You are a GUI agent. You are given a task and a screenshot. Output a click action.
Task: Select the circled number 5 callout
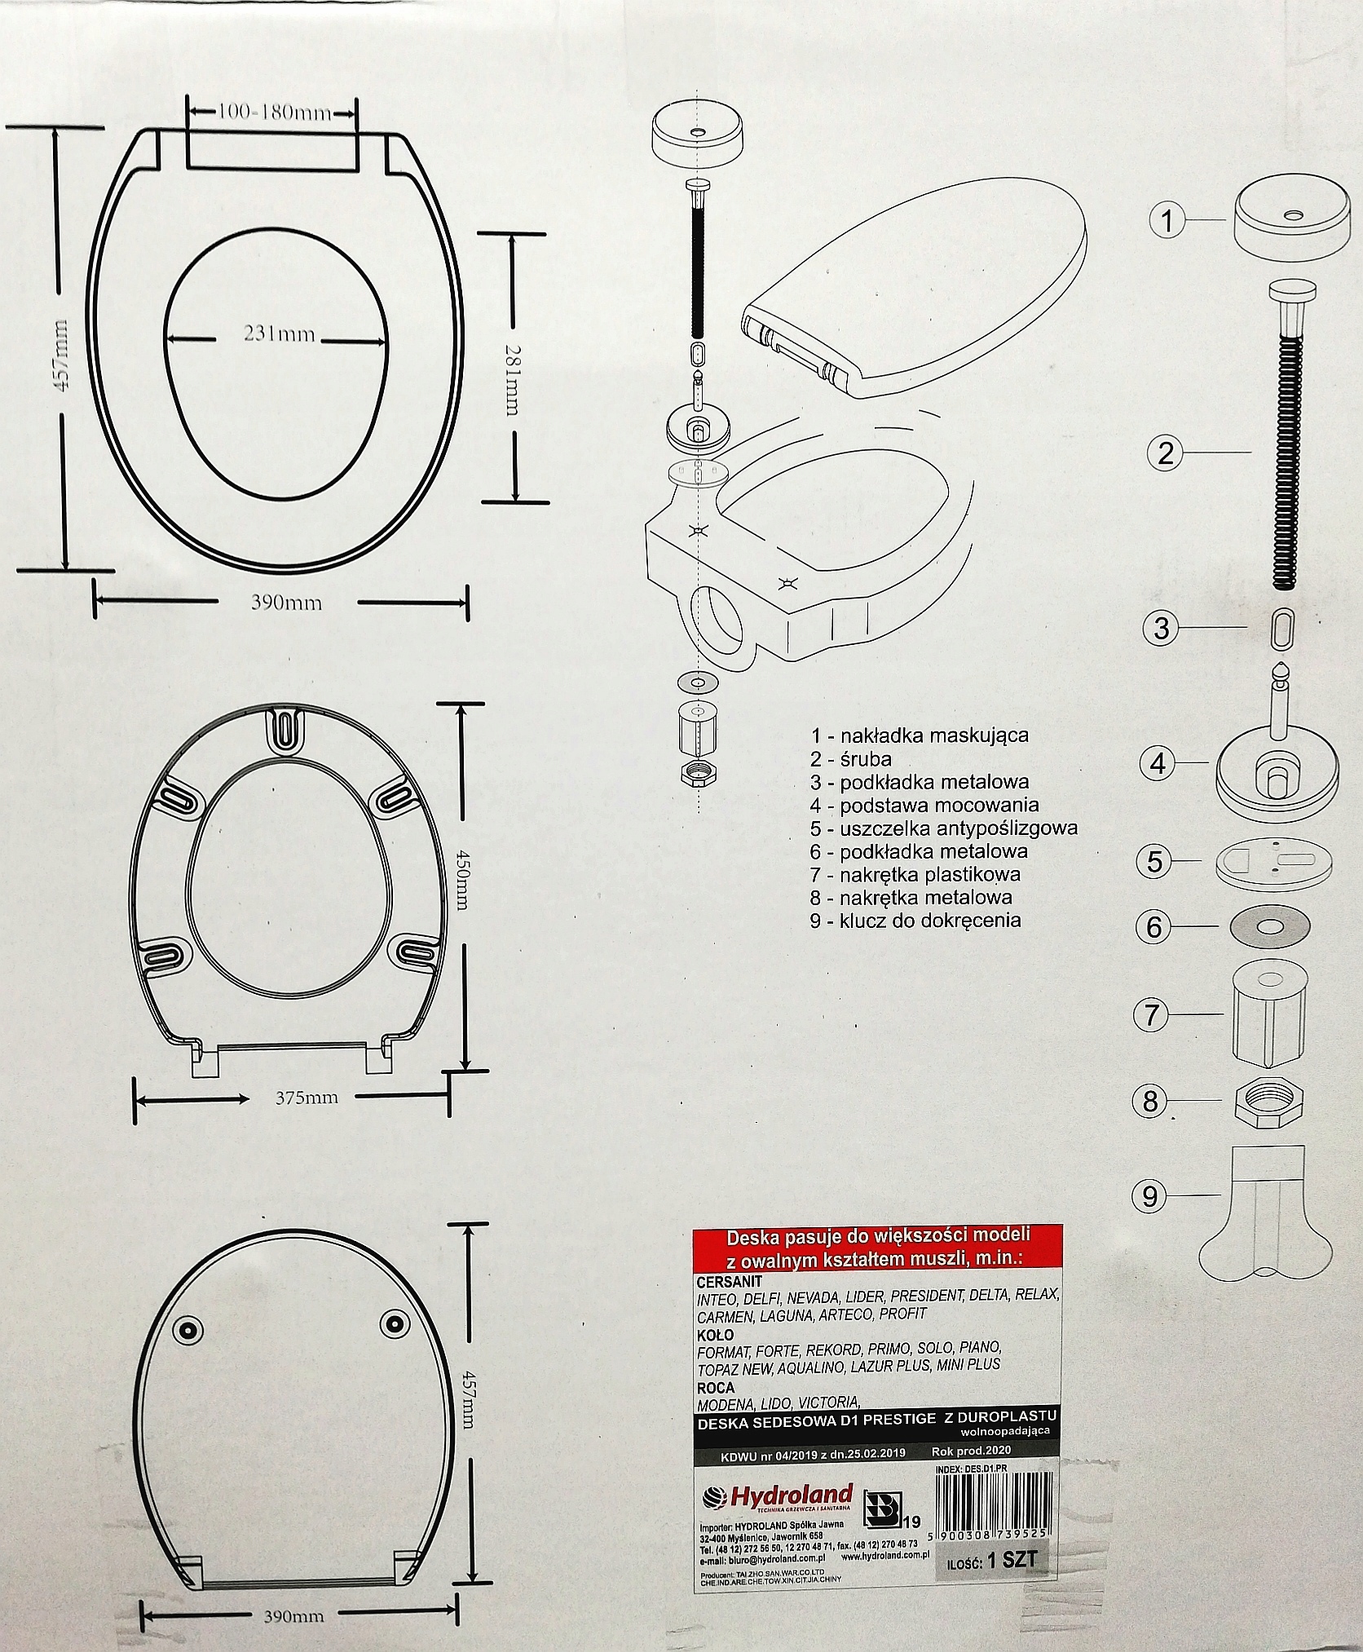pos(1154,862)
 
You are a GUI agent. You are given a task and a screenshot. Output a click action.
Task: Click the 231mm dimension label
pos(278,334)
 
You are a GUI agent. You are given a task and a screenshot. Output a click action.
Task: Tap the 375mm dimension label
pos(306,1098)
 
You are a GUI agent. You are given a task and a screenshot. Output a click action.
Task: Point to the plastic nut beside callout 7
pos(1265,1014)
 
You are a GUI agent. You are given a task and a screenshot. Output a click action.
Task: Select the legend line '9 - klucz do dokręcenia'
pos(915,921)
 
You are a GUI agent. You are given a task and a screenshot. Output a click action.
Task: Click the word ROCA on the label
pos(716,1387)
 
